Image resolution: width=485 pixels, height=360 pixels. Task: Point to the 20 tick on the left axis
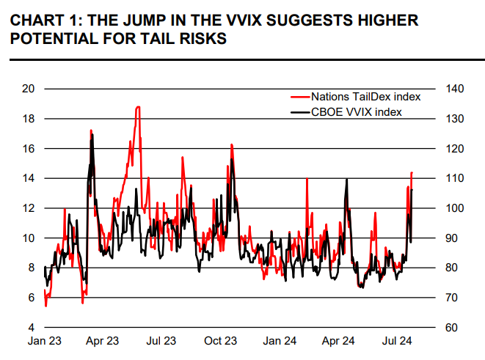(29, 89)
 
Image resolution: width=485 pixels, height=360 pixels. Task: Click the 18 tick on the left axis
(29, 119)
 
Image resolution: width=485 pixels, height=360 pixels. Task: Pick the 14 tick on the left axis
(29, 178)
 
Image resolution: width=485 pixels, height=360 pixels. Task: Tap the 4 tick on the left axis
(32, 327)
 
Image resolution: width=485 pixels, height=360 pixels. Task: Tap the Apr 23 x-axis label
(102, 342)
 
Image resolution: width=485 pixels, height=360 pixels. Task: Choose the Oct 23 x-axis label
(220, 342)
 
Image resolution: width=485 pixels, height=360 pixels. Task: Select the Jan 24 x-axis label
(280, 342)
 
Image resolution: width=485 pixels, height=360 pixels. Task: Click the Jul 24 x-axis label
(397, 342)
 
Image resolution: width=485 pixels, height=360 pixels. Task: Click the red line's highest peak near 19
(137, 107)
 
